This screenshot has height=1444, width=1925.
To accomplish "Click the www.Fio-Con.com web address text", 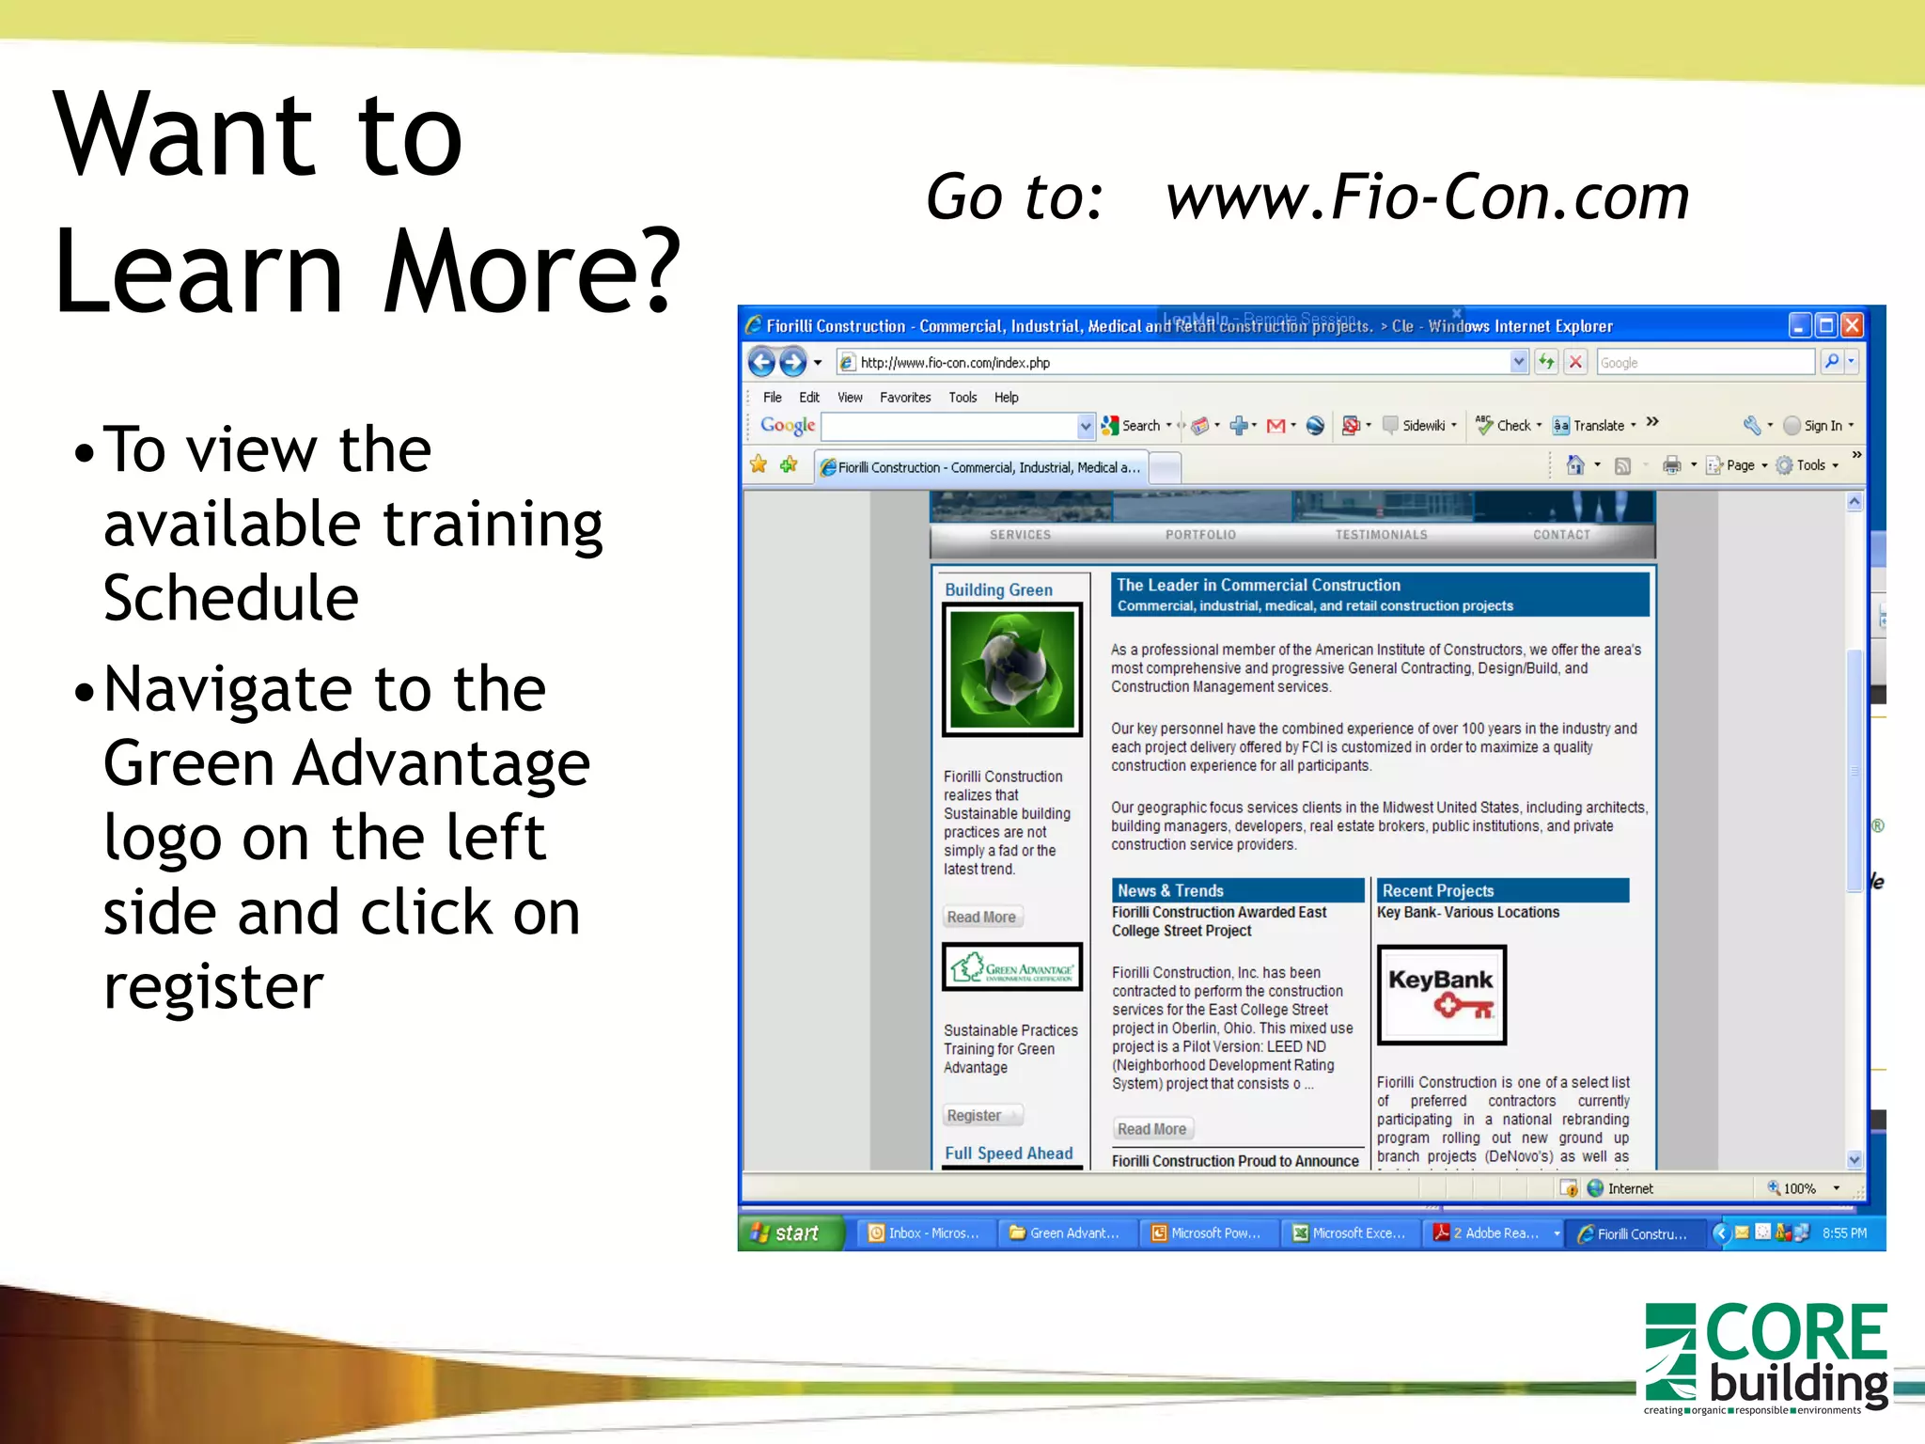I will tap(1427, 197).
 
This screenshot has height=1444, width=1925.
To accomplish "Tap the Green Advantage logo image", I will tap(1012, 967).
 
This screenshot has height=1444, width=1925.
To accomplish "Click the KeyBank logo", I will tap(1441, 995).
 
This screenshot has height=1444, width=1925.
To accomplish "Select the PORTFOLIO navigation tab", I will tap(1200, 535).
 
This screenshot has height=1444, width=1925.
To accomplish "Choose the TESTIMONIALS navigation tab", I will tap(1381, 535).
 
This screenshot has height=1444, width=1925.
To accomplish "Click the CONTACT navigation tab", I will tap(1561, 535).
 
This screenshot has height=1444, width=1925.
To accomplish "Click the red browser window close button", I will tap(1852, 325).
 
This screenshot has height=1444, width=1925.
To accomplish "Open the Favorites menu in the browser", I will tap(904, 398).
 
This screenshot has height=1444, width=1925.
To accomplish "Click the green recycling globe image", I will tap(1012, 669).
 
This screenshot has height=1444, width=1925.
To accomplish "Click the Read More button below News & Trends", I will tap(1151, 1129).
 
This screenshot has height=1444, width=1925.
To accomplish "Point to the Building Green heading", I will tap(998, 589).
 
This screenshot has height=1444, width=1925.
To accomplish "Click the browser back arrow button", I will tap(761, 362).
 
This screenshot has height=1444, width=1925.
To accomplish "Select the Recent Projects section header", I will tap(1437, 890).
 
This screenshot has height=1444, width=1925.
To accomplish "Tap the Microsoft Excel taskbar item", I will tap(1350, 1232).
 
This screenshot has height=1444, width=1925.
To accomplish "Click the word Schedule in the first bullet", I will tap(231, 598).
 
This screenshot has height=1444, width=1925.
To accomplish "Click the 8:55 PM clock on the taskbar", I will tap(1843, 1232).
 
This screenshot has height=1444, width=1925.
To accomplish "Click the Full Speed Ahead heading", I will tap(1009, 1154).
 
